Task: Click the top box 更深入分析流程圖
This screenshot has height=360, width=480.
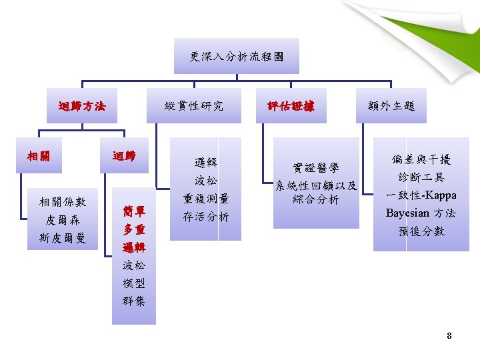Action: [236, 57]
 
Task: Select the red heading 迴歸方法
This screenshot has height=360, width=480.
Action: [82, 105]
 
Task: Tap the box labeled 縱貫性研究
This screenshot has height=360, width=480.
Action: [194, 105]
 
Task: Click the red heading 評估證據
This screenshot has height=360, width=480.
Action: [291, 105]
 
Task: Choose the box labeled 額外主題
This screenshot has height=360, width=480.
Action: [391, 105]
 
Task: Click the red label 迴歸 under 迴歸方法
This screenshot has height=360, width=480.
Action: [124, 155]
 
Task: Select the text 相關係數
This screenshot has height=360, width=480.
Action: [63, 201]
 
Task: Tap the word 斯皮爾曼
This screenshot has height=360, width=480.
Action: [63, 238]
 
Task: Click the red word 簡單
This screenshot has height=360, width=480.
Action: [134, 212]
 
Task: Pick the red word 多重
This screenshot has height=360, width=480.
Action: [134, 230]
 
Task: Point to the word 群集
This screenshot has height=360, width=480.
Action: [134, 301]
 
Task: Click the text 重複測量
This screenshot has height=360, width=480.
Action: [206, 199]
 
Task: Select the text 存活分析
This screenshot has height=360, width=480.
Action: [206, 217]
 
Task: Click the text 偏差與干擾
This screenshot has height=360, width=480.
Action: [421, 159]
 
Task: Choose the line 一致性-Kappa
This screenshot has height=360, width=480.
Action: [421, 195]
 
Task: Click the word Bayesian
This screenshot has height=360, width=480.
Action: [407, 213]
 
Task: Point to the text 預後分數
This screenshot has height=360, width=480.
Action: [421, 231]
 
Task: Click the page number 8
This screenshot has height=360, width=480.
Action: [449, 335]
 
